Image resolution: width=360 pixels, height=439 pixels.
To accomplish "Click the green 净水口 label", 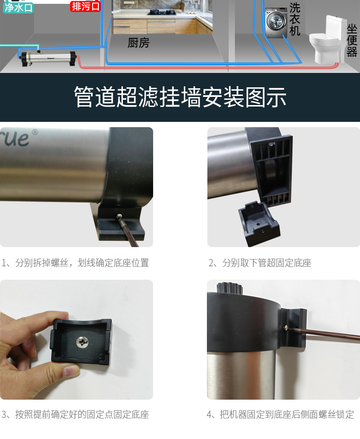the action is click(x=18, y=8).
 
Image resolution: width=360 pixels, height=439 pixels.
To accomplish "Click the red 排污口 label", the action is click(x=85, y=6).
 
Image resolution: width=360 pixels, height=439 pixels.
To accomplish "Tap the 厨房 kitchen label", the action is click(x=138, y=43).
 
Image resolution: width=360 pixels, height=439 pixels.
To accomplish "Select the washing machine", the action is click(x=276, y=23).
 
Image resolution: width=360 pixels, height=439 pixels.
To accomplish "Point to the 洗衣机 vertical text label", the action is click(x=295, y=19).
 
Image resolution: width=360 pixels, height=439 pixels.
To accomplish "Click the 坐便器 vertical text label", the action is click(x=352, y=40).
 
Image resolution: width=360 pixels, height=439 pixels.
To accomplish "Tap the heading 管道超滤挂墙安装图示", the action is click(x=180, y=97).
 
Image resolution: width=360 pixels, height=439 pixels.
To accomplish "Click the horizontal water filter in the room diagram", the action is click(x=48, y=58).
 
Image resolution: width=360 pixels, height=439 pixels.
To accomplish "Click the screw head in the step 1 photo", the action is click(x=120, y=216).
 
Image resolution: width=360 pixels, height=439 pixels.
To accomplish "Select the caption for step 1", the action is click(x=75, y=263).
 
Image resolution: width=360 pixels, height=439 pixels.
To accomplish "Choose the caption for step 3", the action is click(x=75, y=415).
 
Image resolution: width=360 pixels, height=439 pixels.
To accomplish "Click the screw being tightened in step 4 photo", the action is click(x=286, y=328).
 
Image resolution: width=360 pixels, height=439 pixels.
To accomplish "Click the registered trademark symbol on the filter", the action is click(x=35, y=132).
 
